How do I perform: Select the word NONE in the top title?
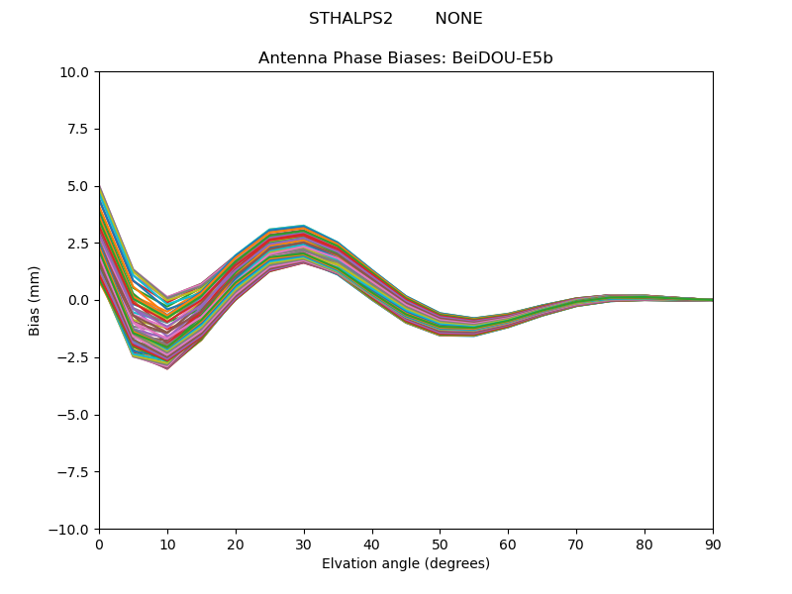[458, 19]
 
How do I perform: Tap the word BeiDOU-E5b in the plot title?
[502, 58]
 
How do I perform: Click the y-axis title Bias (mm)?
[35, 300]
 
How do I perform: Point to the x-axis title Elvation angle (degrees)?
[406, 563]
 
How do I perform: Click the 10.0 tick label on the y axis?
[78, 72]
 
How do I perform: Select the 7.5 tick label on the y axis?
[82, 130]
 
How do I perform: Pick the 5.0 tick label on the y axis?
[82, 186]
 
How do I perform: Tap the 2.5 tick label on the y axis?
[82, 244]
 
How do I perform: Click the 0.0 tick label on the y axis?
[82, 300]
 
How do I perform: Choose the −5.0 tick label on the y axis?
[76, 415]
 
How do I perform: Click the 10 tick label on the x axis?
[167, 544]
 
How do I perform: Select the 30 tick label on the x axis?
[304, 544]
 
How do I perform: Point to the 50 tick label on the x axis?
[440, 544]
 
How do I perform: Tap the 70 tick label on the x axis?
[576, 544]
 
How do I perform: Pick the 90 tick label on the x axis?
[713, 544]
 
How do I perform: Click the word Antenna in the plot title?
[290, 58]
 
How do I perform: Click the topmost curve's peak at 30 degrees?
[304, 226]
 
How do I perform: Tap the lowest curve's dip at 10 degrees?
[167, 368]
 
